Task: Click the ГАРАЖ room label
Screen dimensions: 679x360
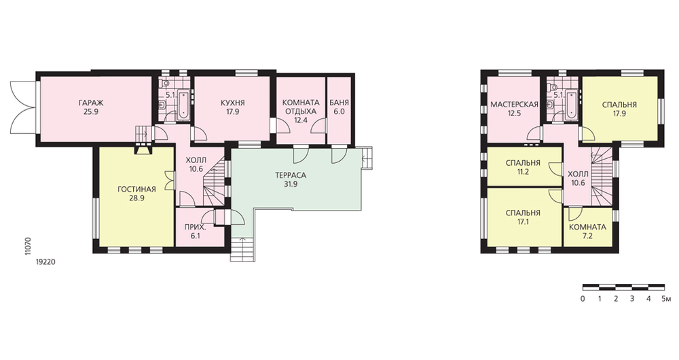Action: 91,103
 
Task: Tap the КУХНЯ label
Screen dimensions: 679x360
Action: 232,103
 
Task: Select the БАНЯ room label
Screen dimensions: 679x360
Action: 339,103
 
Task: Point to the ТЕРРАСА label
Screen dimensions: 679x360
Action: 291,175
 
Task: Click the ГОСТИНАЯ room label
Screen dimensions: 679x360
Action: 137,190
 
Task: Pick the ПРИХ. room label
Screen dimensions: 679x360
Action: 195,227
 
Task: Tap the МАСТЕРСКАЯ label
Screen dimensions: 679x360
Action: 515,105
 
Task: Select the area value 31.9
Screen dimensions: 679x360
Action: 291,183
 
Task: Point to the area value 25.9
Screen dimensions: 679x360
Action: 91,111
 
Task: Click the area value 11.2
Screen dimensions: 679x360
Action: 523,172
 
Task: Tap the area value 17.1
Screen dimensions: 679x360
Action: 523,221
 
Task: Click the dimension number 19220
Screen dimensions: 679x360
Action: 46,262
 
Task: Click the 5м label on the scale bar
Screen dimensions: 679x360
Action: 666,298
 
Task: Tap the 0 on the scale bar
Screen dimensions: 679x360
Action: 583,298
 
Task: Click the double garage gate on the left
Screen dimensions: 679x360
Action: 22,108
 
